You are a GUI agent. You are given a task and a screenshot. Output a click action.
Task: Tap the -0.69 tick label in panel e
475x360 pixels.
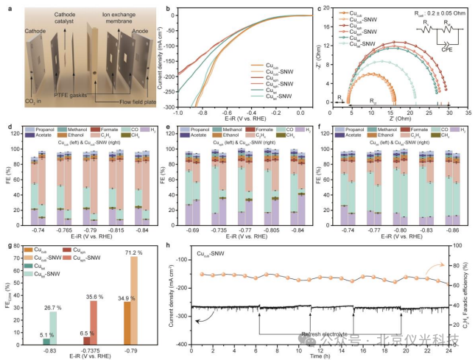194,229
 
